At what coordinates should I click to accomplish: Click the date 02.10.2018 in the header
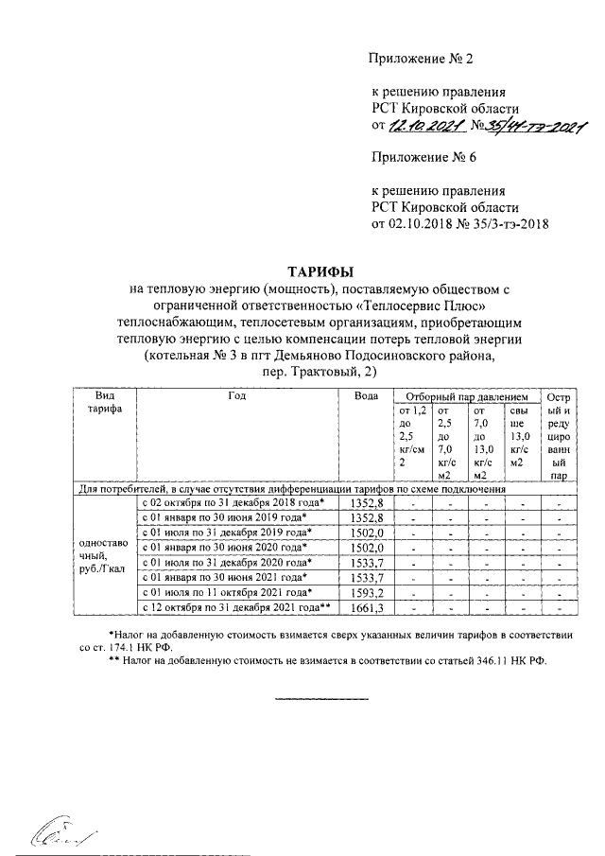click(421, 224)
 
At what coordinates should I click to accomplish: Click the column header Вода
click(366, 397)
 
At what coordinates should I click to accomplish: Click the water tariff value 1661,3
click(365, 606)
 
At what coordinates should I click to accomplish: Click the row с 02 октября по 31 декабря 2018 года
click(232, 503)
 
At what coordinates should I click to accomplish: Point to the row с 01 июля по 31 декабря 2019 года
click(232, 533)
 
